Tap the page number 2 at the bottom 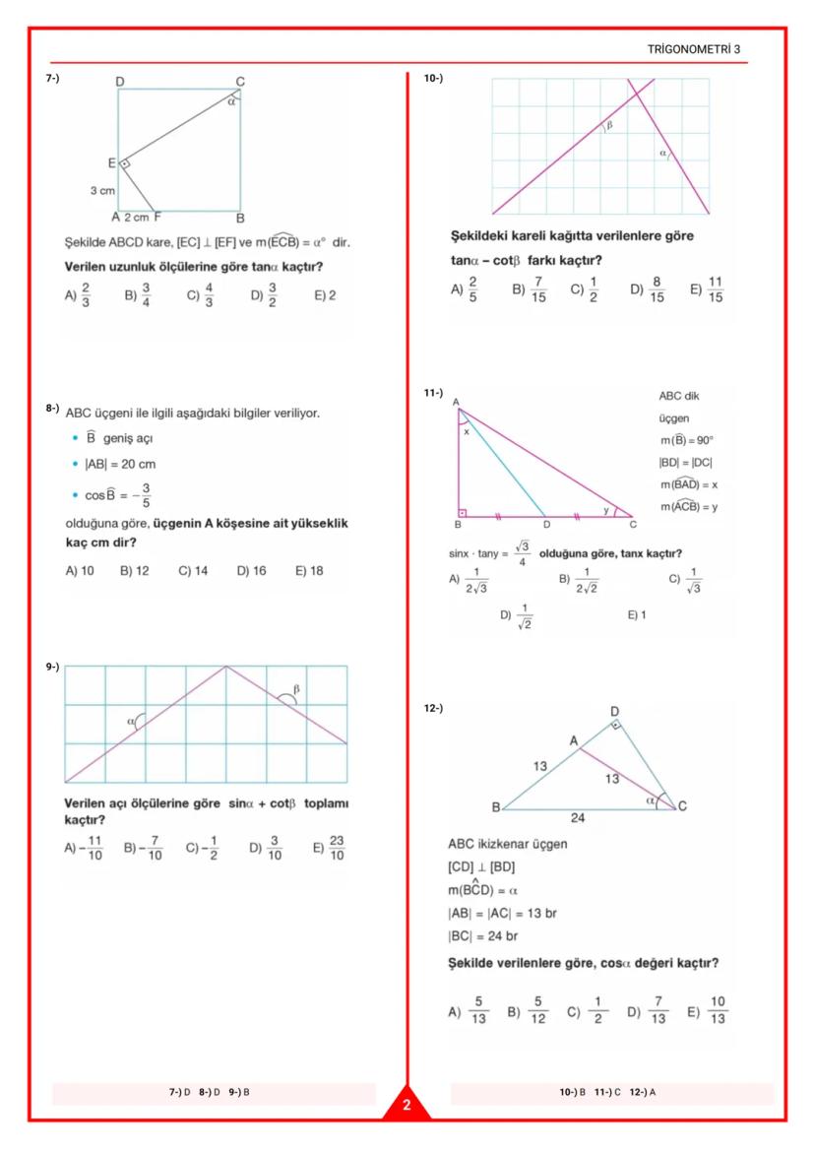(407, 1106)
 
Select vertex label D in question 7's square (119, 81)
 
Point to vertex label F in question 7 (157, 218)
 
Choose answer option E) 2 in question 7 (325, 294)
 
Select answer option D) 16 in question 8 (252, 570)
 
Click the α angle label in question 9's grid (130, 722)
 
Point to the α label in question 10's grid (662, 154)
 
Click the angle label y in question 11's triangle (605, 509)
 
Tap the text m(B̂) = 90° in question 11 (686, 440)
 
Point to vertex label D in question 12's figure (614, 710)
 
